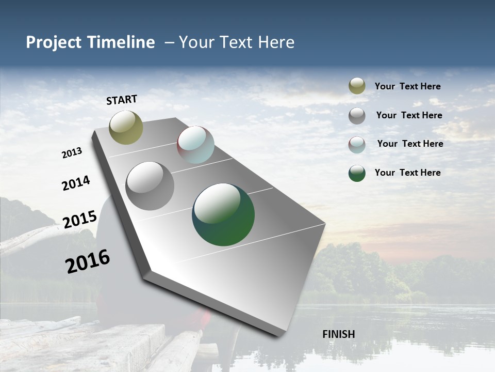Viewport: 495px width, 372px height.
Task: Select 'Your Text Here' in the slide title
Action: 237,42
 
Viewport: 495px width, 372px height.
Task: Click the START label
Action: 122,100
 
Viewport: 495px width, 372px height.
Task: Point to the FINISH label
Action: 339,334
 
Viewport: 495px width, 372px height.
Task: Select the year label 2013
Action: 72,153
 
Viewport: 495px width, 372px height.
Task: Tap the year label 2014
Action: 76,183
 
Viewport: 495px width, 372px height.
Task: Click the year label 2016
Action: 88,261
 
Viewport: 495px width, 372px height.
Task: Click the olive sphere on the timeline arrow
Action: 126,127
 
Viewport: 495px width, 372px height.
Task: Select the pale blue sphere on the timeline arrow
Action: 195,145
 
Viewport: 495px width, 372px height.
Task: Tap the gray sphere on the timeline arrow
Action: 150,186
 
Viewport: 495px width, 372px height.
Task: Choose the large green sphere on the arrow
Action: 223,214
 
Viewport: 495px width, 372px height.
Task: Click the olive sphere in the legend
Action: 357,86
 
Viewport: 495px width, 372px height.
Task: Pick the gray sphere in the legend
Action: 357,116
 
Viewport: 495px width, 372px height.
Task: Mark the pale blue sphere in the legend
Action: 357,145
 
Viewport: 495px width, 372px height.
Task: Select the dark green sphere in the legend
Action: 357,173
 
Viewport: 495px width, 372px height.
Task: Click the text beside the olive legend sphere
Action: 407,86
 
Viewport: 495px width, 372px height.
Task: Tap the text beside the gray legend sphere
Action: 409,115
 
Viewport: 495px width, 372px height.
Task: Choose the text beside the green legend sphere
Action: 407,173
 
